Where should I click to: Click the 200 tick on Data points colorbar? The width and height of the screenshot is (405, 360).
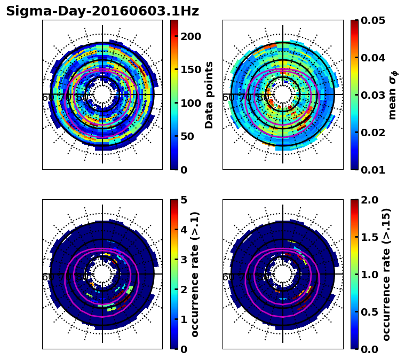[190, 36]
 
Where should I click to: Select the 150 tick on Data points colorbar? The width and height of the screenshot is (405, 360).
[190, 69]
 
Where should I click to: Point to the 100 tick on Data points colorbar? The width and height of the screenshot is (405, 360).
[190, 103]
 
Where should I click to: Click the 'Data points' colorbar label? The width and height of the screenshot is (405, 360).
[209, 95]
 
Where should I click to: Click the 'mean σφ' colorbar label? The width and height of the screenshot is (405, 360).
[392, 95]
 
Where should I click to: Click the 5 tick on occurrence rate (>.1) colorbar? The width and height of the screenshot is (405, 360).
[184, 200]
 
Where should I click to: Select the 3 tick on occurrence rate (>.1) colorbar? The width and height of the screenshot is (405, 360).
[184, 260]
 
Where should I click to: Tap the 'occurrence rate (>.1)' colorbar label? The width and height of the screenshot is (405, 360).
[195, 274]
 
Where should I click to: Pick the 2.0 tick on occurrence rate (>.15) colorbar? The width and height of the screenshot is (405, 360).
[368, 200]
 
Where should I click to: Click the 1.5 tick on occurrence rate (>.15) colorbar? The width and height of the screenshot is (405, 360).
[368, 237]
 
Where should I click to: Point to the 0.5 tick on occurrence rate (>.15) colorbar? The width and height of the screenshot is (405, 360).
[368, 312]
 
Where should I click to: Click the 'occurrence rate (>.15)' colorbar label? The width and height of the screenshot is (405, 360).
[386, 274]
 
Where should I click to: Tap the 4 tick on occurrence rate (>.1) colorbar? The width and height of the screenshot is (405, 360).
[184, 230]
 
